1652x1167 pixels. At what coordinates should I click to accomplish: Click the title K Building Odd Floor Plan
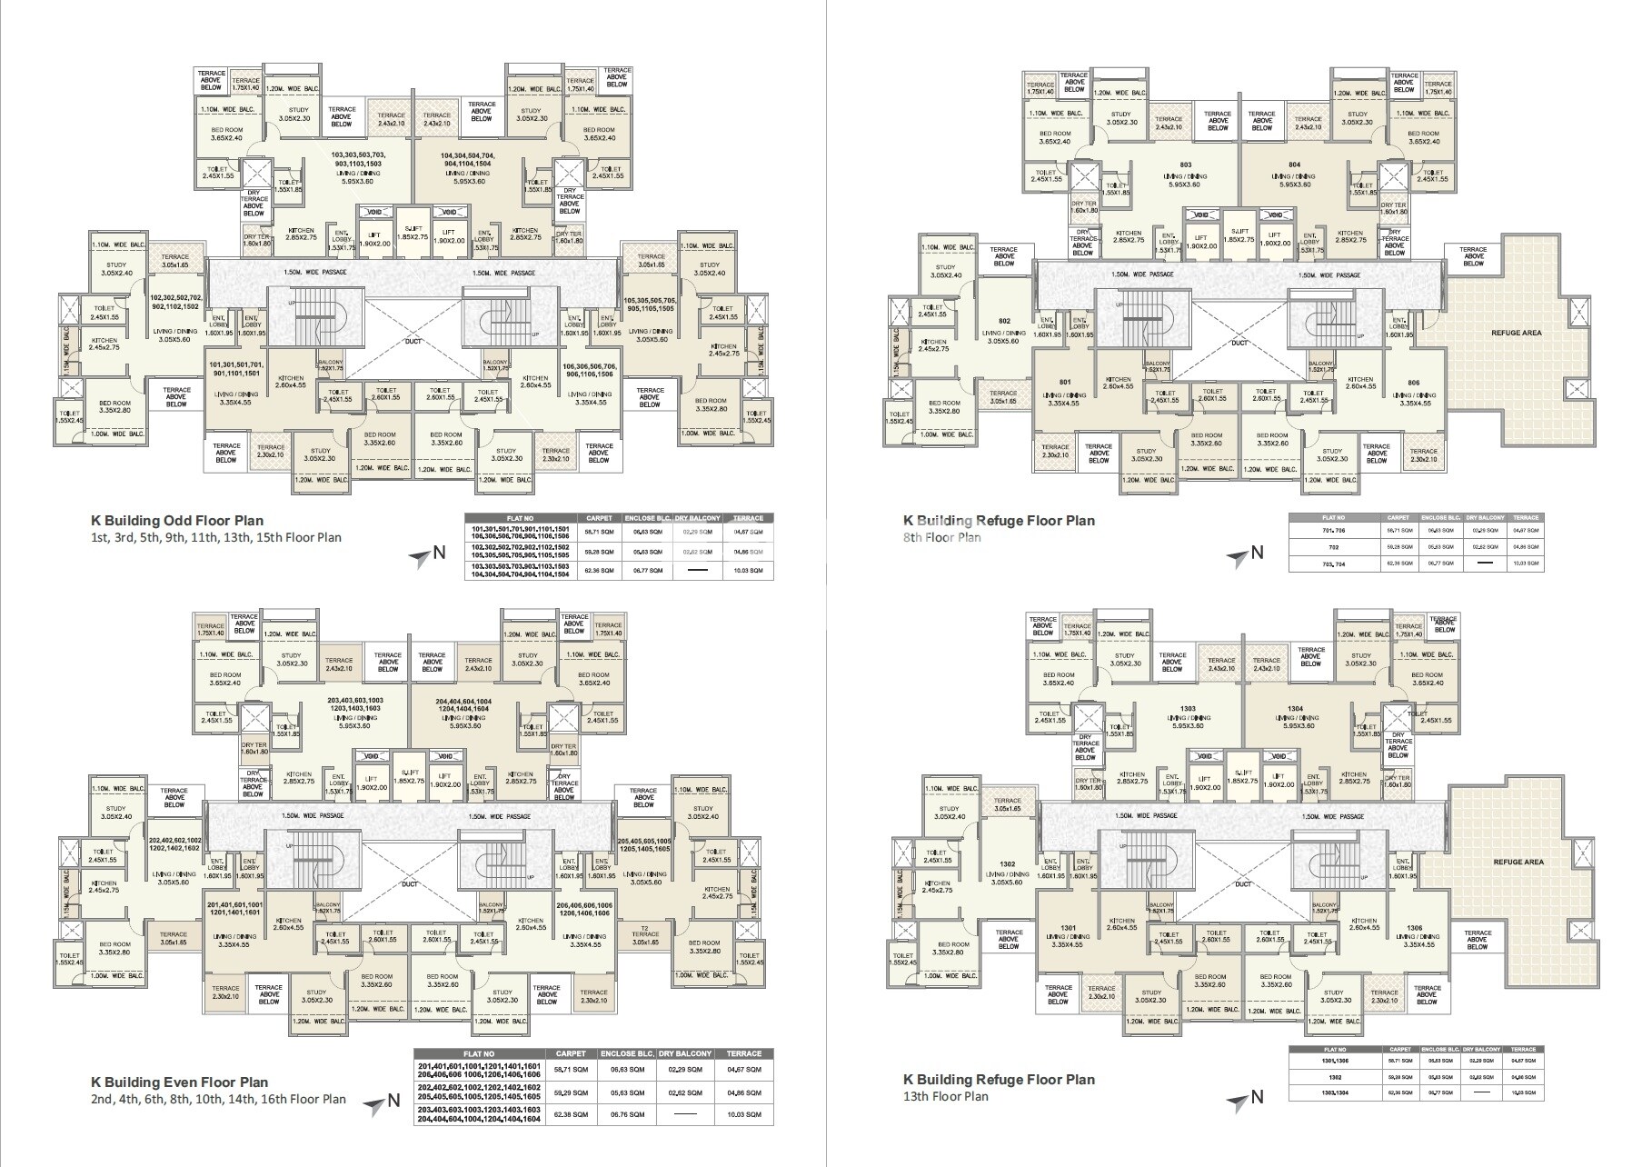click(x=176, y=521)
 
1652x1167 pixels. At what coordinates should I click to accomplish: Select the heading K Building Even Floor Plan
click(x=179, y=1082)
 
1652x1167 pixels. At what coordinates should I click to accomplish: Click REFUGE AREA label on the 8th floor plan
click(x=1516, y=333)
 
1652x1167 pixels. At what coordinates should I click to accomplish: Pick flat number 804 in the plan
click(x=1294, y=165)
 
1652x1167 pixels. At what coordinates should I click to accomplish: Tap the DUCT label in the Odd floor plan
click(x=410, y=344)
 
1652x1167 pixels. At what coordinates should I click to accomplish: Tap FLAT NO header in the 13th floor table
click(x=1334, y=1050)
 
